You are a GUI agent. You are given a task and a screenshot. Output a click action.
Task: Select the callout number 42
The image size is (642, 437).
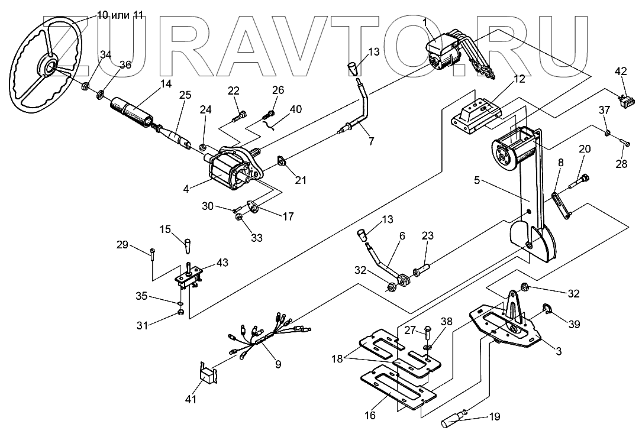(621, 72)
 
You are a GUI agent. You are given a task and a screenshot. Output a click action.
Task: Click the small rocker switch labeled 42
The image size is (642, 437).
(622, 101)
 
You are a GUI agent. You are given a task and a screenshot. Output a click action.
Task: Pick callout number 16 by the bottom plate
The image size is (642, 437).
(370, 416)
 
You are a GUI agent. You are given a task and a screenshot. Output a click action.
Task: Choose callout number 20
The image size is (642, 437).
(584, 149)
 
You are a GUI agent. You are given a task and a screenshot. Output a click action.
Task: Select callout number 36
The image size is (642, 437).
(125, 66)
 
